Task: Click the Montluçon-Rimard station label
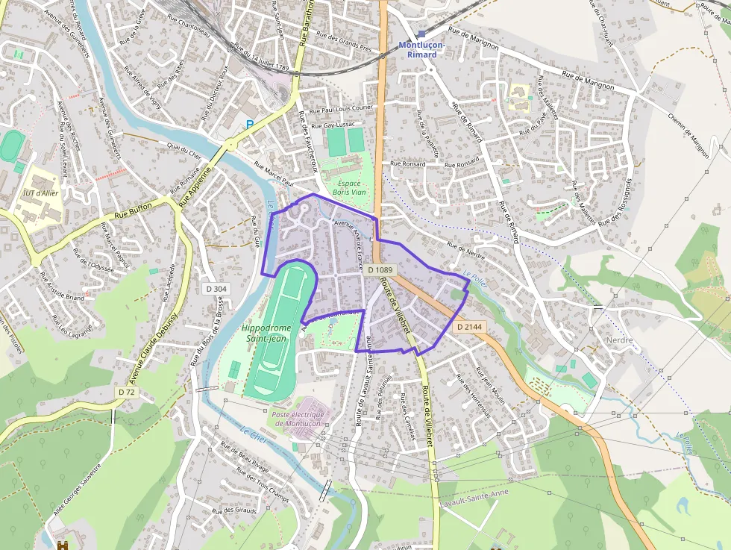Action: [421, 49]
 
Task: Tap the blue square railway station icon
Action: [421, 34]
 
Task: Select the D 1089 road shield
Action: [379, 269]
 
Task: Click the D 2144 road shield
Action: [469, 327]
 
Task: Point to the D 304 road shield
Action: [216, 288]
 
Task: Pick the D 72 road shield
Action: [126, 392]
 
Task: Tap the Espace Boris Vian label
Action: [349, 188]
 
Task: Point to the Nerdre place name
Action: [619, 340]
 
